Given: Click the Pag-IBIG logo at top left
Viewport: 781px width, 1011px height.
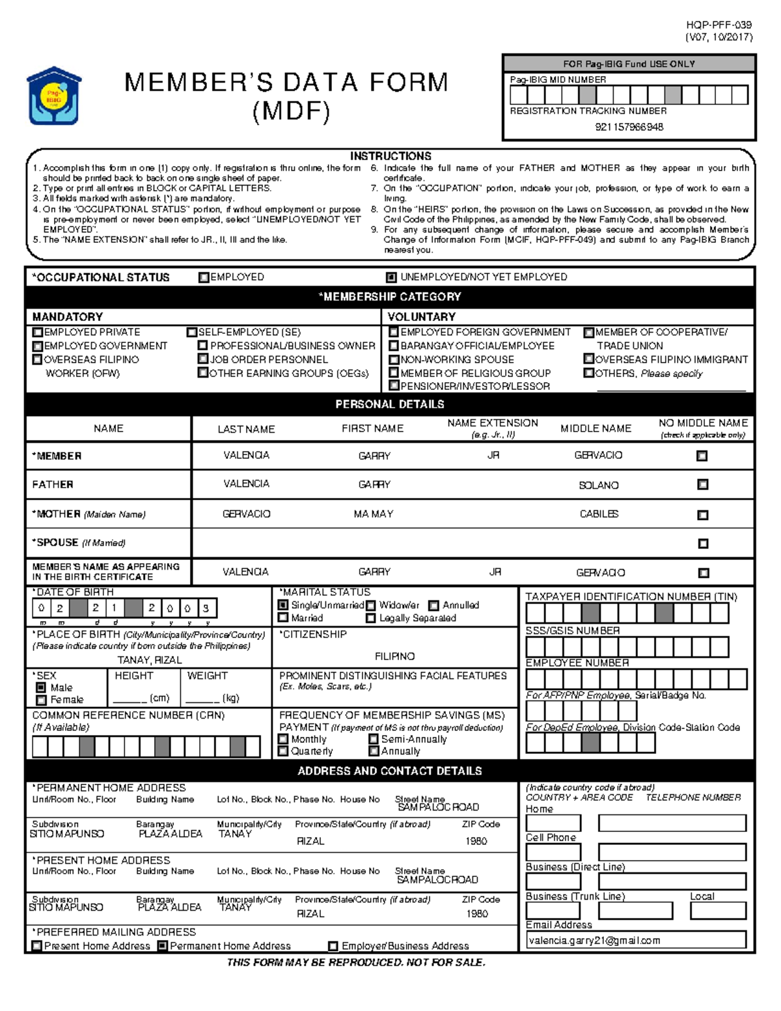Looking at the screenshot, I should point(53,96).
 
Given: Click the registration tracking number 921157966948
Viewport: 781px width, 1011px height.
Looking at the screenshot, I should point(629,127).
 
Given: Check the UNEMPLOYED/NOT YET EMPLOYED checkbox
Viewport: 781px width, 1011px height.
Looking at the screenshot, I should point(391,277).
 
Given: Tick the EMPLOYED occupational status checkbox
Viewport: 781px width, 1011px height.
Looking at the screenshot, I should point(204,277).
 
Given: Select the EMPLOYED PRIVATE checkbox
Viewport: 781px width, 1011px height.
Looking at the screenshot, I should point(38,332).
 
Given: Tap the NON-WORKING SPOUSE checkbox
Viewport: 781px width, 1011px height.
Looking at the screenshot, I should point(394,359).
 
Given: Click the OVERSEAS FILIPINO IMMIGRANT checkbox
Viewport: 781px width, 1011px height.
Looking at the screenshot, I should point(588,359).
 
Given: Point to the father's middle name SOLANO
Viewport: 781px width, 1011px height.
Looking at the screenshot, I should point(598,486).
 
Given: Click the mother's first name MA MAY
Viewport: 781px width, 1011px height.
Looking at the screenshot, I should point(374,514).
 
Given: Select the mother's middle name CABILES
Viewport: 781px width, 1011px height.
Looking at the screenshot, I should point(599,514).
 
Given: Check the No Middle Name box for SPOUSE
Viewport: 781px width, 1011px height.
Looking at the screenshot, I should point(703,544).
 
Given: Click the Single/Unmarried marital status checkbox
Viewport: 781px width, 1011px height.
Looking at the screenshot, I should point(283,605).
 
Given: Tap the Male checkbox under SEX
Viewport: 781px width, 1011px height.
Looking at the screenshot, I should point(42,687).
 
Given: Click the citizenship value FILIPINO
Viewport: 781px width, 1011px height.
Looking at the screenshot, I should point(394,656).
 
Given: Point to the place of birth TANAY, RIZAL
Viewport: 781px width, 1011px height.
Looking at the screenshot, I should point(150,660).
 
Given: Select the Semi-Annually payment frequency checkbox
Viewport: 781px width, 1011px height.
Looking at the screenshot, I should point(374,740).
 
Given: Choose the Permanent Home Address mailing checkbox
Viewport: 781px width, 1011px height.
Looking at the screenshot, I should point(163,946).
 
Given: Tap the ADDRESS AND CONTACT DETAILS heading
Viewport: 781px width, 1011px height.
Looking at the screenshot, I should point(389,771).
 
